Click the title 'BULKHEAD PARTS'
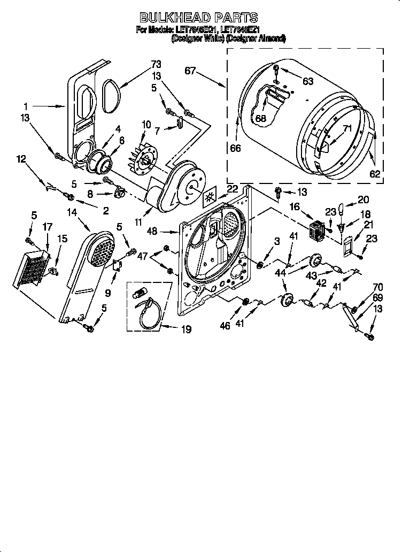coord(199,18)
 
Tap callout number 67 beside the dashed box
coord(191,71)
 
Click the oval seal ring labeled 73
coord(110,96)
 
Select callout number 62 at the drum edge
coord(375,173)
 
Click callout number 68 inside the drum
coord(260,118)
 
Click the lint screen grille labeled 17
coord(32,267)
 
